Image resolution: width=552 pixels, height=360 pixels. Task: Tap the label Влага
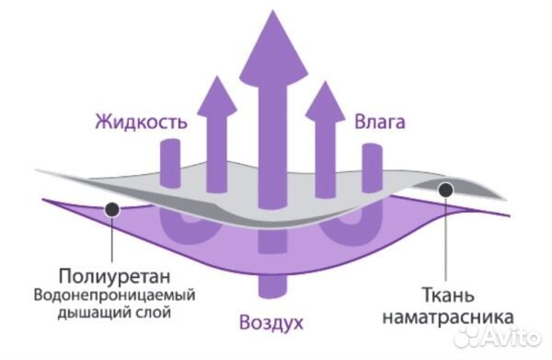pyautogui.click(x=380, y=121)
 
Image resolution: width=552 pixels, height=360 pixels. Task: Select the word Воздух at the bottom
pyautogui.click(x=270, y=323)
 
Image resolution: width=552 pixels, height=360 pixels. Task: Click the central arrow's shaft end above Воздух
pyautogui.click(x=270, y=285)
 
